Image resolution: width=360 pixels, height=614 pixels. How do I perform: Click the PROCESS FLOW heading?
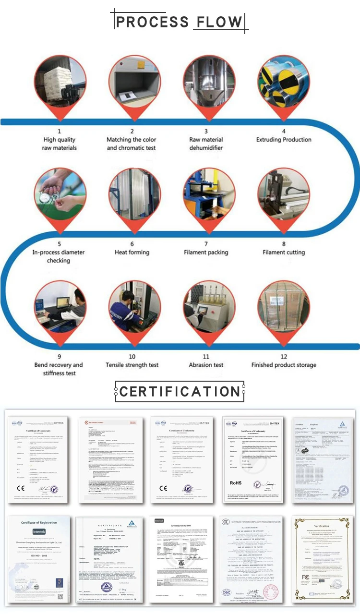[x=180, y=22]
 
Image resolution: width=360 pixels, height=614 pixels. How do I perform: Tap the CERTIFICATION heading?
[x=180, y=391]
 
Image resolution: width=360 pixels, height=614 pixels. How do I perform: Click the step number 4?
[x=284, y=131]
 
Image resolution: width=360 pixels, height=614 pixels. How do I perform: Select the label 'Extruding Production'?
[x=284, y=140]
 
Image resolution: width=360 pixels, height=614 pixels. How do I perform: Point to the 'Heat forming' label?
[x=132, y=253]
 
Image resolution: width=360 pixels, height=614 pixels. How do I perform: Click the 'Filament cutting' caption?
[x=284, y=253]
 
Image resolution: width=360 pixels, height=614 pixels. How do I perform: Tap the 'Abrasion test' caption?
[x=206, y=365]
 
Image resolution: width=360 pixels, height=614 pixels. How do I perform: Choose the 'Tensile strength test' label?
[x=132, y=365]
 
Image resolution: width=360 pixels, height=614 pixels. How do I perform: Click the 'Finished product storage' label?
[x=284, y=365]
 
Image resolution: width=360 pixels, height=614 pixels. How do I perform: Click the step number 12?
[x=284, y=357]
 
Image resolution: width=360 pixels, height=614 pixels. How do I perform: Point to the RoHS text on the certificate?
[x=236, y=482]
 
